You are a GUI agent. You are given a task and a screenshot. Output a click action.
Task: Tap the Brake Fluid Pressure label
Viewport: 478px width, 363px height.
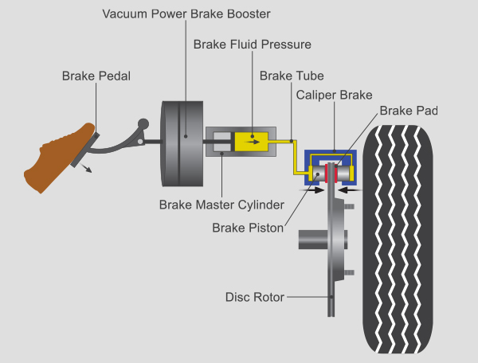(252, 45)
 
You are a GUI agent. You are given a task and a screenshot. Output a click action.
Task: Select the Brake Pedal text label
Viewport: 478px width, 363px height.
(96, 76)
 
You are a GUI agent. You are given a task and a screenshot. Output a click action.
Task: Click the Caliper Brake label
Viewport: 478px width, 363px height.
(335, 95)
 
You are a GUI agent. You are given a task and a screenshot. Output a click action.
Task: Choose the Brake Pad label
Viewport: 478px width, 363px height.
(409, 111)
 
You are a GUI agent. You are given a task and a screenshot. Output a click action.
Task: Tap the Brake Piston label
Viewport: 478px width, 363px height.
(248, 228)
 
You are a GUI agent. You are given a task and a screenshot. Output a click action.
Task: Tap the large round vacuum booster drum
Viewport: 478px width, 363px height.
(184, 142)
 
